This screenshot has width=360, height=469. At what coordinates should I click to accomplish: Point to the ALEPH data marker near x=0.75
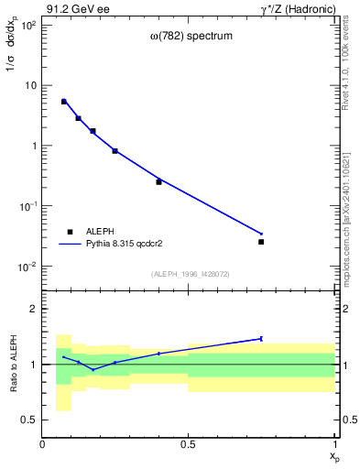261,242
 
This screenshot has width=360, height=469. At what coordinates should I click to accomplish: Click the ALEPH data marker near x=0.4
158,181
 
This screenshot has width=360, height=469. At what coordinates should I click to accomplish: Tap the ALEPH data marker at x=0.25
115,151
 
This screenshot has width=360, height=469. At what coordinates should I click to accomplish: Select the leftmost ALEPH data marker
63,102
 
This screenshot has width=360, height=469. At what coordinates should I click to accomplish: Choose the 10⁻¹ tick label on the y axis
26,206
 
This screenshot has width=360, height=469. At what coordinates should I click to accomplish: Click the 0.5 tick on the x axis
188,444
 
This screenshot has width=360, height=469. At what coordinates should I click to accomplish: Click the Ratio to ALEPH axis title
12,365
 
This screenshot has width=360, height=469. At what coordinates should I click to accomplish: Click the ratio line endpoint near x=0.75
261,338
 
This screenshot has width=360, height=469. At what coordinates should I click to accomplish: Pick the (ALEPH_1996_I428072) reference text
189,273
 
